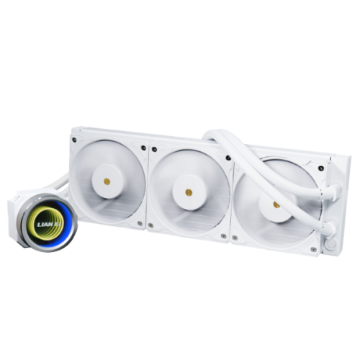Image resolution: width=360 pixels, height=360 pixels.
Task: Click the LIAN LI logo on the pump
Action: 48,225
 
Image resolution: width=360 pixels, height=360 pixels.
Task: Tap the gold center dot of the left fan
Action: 107,181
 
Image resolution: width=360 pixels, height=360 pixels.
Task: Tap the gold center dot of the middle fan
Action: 189,192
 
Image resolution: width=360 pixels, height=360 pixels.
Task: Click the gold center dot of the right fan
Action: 276,204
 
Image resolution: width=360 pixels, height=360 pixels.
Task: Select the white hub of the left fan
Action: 107,181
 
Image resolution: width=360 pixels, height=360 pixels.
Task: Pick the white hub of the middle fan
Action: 189,192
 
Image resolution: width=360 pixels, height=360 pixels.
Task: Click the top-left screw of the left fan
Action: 74,139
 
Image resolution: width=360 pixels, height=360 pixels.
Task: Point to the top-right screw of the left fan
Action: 143,148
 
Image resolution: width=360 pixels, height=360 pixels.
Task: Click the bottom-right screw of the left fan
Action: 140,223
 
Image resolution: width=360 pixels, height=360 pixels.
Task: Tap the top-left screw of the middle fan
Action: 154,149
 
